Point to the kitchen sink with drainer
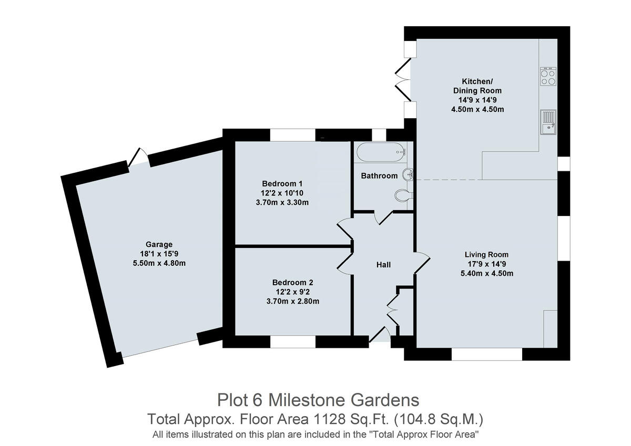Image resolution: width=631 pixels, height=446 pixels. (x=548, y=122)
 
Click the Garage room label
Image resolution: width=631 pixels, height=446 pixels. (x=159, y=244)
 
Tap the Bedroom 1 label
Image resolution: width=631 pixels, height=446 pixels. (x=282, y=184)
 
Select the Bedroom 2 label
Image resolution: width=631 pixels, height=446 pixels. (x=292, y=282)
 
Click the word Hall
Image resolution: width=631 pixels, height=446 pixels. (x=383, y=265)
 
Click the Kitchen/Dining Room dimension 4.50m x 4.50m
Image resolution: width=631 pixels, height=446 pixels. (x=477, y=109)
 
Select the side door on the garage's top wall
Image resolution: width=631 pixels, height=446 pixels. (x=139, y=158)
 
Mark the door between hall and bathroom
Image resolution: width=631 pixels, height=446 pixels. (x=383, y=217)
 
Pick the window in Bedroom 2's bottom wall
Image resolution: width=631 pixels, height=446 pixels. (x=293, y=342)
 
